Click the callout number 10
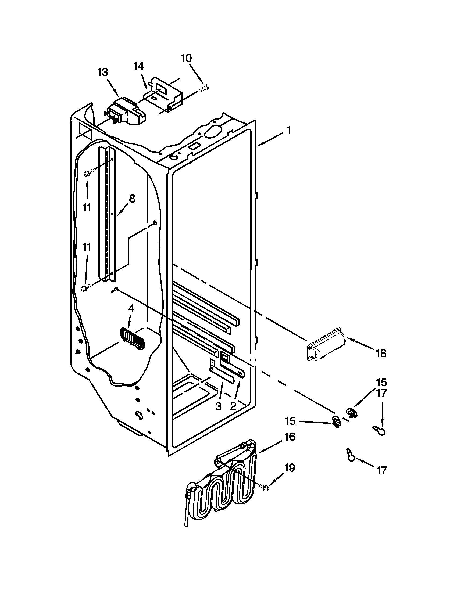coord(187,58)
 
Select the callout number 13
coord(103,73)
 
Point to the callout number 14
coord(139,66)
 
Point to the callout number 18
coord(381,353)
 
